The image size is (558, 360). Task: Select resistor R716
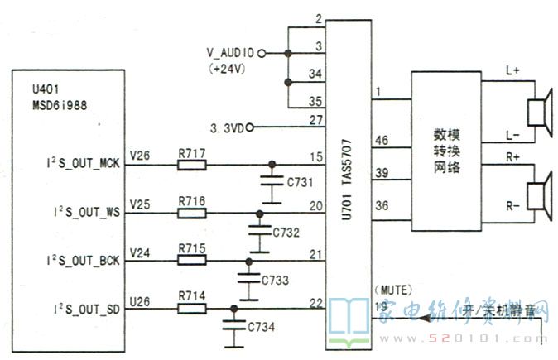[192, 212]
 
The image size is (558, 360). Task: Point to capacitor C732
[258, 225]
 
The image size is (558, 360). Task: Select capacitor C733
[246, 273]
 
